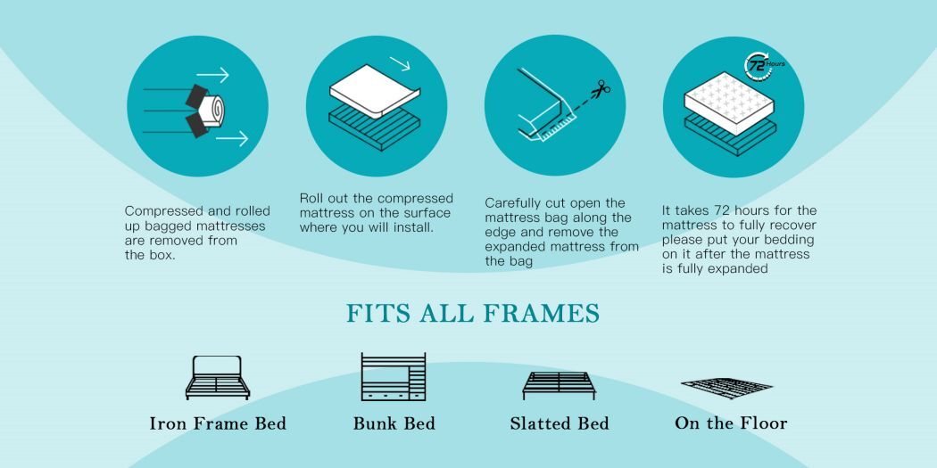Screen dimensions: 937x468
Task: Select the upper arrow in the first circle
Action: coord(212,75)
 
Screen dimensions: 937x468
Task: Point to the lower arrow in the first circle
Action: coord(232,139)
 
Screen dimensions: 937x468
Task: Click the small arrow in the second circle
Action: coord(401,63)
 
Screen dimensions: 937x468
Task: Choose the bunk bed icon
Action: coord(394,376)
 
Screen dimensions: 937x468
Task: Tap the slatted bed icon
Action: coord(560,386)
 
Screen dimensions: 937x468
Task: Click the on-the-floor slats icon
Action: coord(726,388)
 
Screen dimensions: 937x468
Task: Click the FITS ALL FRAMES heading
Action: coord(473,314)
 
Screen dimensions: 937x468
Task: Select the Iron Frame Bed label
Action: coord(218,423)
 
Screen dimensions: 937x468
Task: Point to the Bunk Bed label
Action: coord(394,423)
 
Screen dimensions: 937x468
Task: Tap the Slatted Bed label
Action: coord(560,423)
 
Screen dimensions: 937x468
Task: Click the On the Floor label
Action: coord(731,423)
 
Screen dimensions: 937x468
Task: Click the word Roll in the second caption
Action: coord(311,198)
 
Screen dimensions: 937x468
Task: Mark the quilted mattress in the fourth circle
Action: coord(729,103)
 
